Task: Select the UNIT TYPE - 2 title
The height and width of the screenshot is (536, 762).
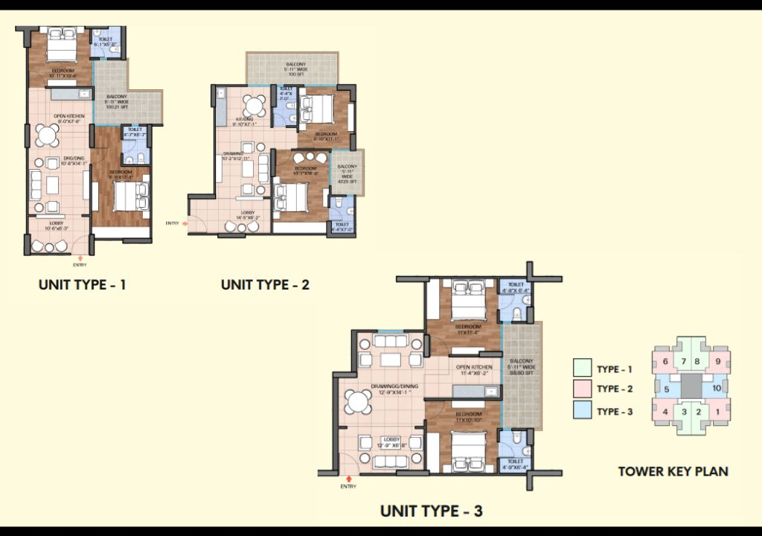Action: tap(265, 284)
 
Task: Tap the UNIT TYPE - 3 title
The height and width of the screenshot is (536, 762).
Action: tap(432, 511)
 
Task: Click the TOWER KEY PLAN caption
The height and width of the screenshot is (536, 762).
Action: tap(673, 470)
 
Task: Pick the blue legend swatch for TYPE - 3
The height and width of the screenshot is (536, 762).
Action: tap(582, 410)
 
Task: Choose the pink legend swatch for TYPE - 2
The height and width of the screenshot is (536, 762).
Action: tap(582, 389)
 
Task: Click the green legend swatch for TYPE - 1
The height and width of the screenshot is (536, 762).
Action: tap(582, 368)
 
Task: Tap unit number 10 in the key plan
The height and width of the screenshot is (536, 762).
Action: tap(716, 388)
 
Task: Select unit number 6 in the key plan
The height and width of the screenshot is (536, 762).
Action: tap(665, 362)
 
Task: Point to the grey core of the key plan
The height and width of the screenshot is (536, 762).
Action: tap(691, 386)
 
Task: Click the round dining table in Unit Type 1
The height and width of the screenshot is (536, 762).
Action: tap(47, 135)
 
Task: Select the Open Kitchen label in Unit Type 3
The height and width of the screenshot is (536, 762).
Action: tap(474, 370)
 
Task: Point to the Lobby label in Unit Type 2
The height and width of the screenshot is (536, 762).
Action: tap(248, 214)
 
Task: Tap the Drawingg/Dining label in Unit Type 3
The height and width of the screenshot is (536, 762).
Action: tap(394, 386)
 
